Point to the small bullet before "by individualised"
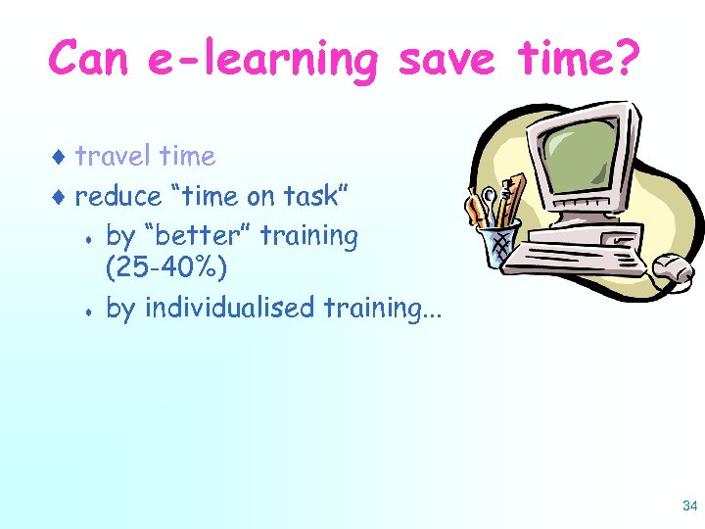click(87, 311)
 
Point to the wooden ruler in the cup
click(516, 196)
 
